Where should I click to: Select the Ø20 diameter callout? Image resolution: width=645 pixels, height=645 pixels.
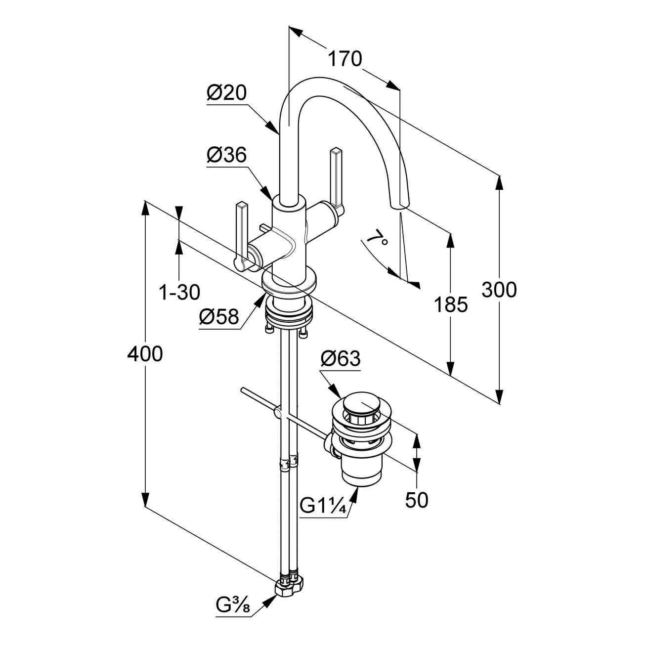point(226,92)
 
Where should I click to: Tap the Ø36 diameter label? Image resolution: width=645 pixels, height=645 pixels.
point(226,155)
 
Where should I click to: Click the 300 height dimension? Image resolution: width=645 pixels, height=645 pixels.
point(499,290)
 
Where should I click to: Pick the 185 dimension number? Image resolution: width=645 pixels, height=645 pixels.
point(450,305)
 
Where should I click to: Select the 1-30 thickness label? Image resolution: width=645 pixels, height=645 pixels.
point(179,293)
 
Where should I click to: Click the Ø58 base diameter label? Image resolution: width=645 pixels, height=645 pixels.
point(219,316)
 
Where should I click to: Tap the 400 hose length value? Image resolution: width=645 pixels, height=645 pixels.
point(144,354)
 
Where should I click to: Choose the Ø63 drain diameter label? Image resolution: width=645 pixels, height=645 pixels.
point(341,358)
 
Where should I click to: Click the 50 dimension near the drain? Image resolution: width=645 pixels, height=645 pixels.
point(417,500)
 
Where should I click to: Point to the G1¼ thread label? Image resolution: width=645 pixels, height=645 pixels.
point(322,506)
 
